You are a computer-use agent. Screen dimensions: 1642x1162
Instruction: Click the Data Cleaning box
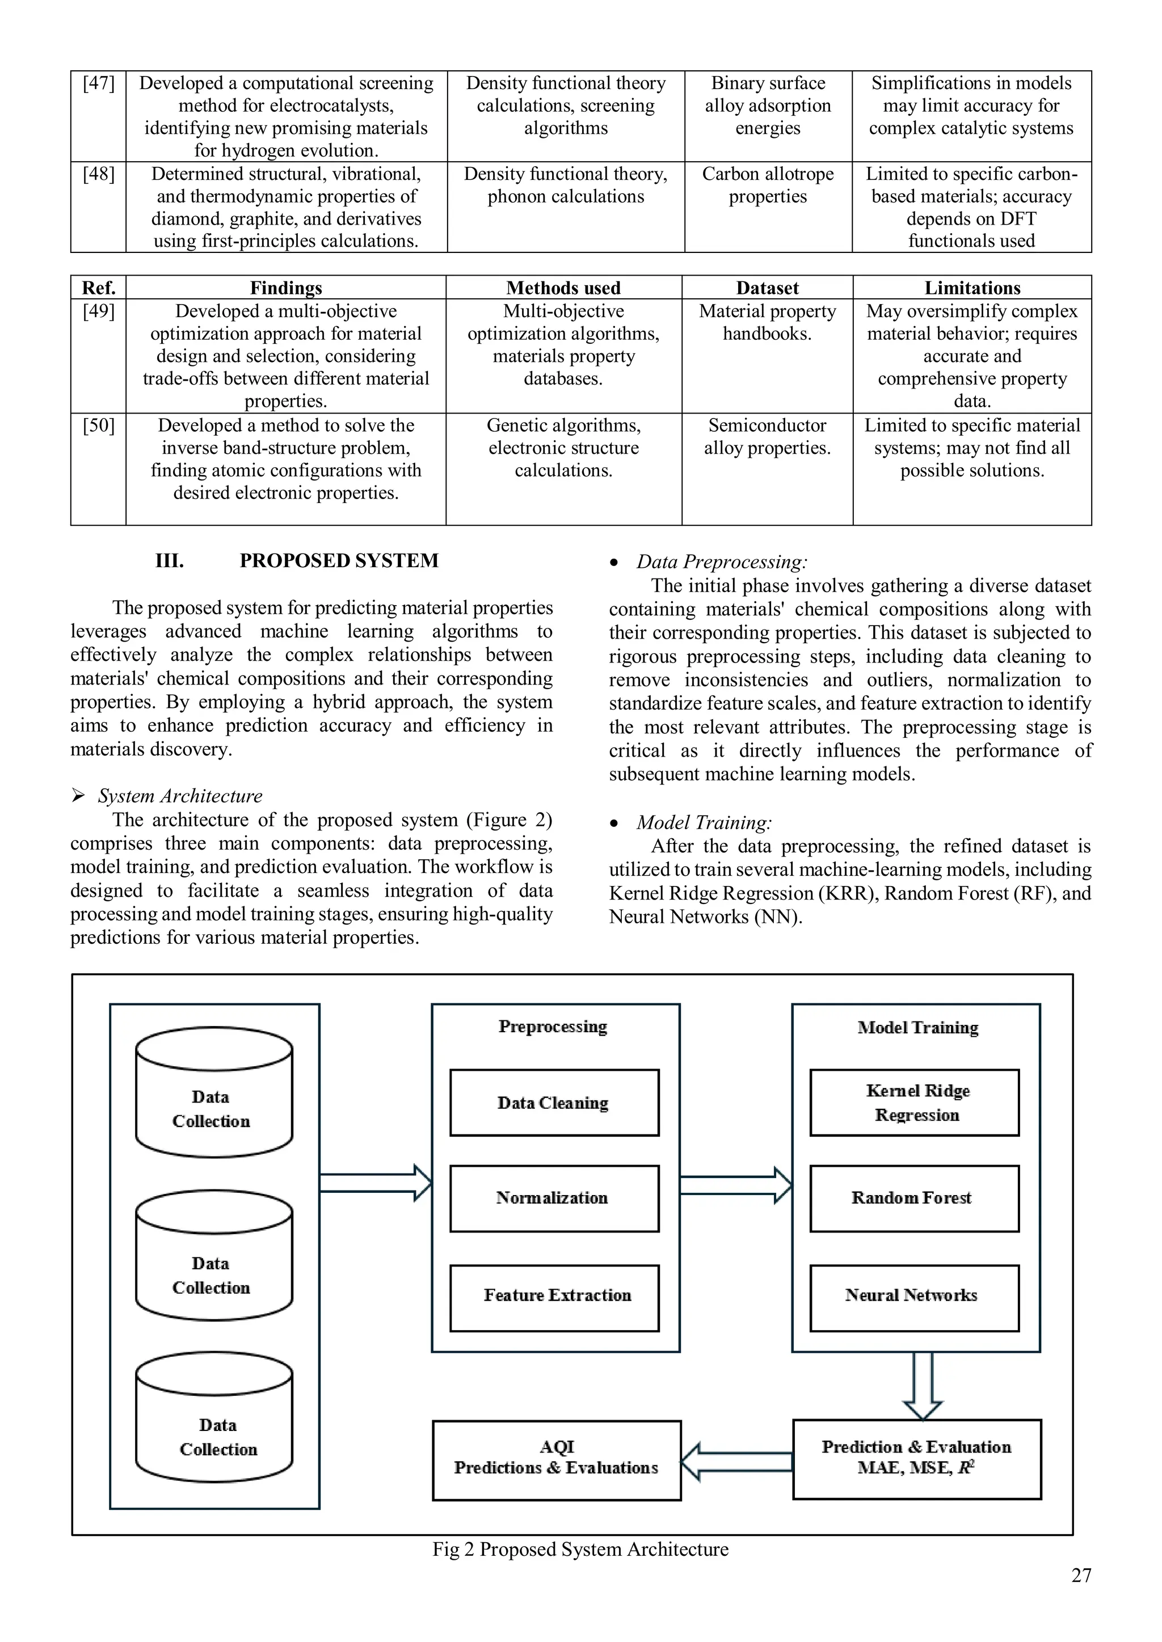click(554, 1102)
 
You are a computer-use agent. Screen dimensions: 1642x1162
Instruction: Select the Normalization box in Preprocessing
click(554, 1198)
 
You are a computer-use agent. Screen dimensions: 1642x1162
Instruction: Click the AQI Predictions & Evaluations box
click(557, 1459)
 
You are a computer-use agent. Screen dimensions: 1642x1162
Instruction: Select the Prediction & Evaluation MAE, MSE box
click(916, 1459)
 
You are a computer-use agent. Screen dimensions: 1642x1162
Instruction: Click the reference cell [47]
click(98, 84)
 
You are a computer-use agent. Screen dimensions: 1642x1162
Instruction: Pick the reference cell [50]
click(98, 425)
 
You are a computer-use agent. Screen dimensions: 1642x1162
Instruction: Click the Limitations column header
click(972, 288)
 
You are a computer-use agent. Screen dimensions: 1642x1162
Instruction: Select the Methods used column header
click(563, 288)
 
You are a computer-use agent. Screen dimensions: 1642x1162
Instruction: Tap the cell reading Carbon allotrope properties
click(768, 185)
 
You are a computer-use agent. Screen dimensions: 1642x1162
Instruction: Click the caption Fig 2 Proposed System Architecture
click(580, 1550)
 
